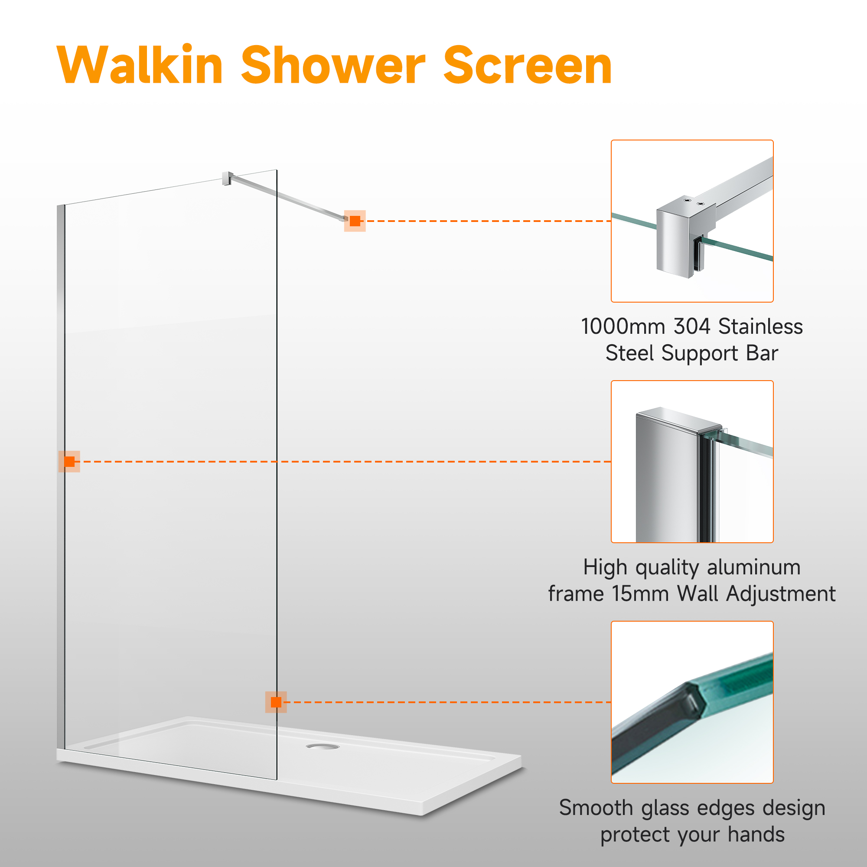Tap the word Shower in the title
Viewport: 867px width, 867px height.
tap(333, 65)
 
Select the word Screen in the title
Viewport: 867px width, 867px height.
tap(527, 65)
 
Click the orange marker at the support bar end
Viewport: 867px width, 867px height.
tap(355, 221)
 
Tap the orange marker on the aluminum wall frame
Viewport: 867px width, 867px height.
tap(69, 461)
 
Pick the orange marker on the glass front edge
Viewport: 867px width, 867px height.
tap(276, 702)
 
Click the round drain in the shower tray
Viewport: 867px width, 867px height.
tap(323, 746)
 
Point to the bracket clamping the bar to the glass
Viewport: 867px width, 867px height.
tap(228, 178)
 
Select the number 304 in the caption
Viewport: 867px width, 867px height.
tap(692, 326)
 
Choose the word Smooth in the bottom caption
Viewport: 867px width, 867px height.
tap(596, 808)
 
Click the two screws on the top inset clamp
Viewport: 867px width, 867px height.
tap(694, 202)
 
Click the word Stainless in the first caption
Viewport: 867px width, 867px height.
tap(761, 326)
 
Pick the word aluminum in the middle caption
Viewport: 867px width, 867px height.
tap(754, 567)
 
